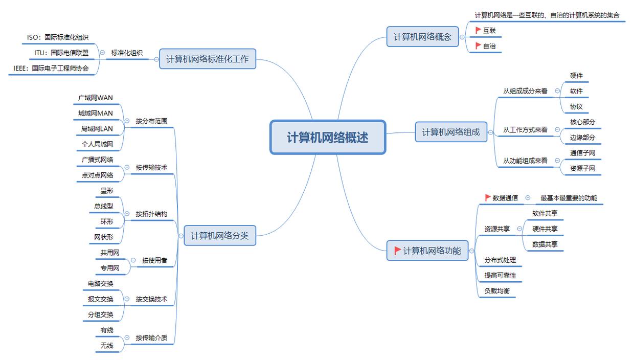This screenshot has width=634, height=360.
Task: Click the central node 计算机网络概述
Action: (x=327, y=137)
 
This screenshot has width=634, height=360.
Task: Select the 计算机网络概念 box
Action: (x=422, y=37)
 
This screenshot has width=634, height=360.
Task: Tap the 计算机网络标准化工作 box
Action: (x=207, y=59)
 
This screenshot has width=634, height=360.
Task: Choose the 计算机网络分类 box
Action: (x=219, y=236)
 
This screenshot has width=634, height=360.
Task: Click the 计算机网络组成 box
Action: (x=450, y=132)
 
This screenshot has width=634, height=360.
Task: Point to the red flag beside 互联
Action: (x=478, y=31)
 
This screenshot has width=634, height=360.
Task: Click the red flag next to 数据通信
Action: (x=488, y=198)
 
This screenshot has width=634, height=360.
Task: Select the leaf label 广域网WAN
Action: (x=96, y=98)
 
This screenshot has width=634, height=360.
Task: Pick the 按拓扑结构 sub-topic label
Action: (x=151, y=214)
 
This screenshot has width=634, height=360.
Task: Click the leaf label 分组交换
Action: (x=100, y=314)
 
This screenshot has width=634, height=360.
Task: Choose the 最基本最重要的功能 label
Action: (x=569, y=198)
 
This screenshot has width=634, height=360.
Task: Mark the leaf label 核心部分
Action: (x=582, y=122)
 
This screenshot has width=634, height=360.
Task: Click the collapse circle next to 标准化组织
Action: (x=102, y=52)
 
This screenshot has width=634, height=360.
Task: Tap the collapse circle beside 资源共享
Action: (x=519, y=229)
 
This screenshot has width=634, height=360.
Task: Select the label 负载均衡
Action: (x=497, y=290)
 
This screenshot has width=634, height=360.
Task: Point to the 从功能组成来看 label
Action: (x=525, y=161)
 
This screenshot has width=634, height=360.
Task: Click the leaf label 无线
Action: (x=107, y=346)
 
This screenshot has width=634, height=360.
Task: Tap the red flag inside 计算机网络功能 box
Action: (x=397, y=251)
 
